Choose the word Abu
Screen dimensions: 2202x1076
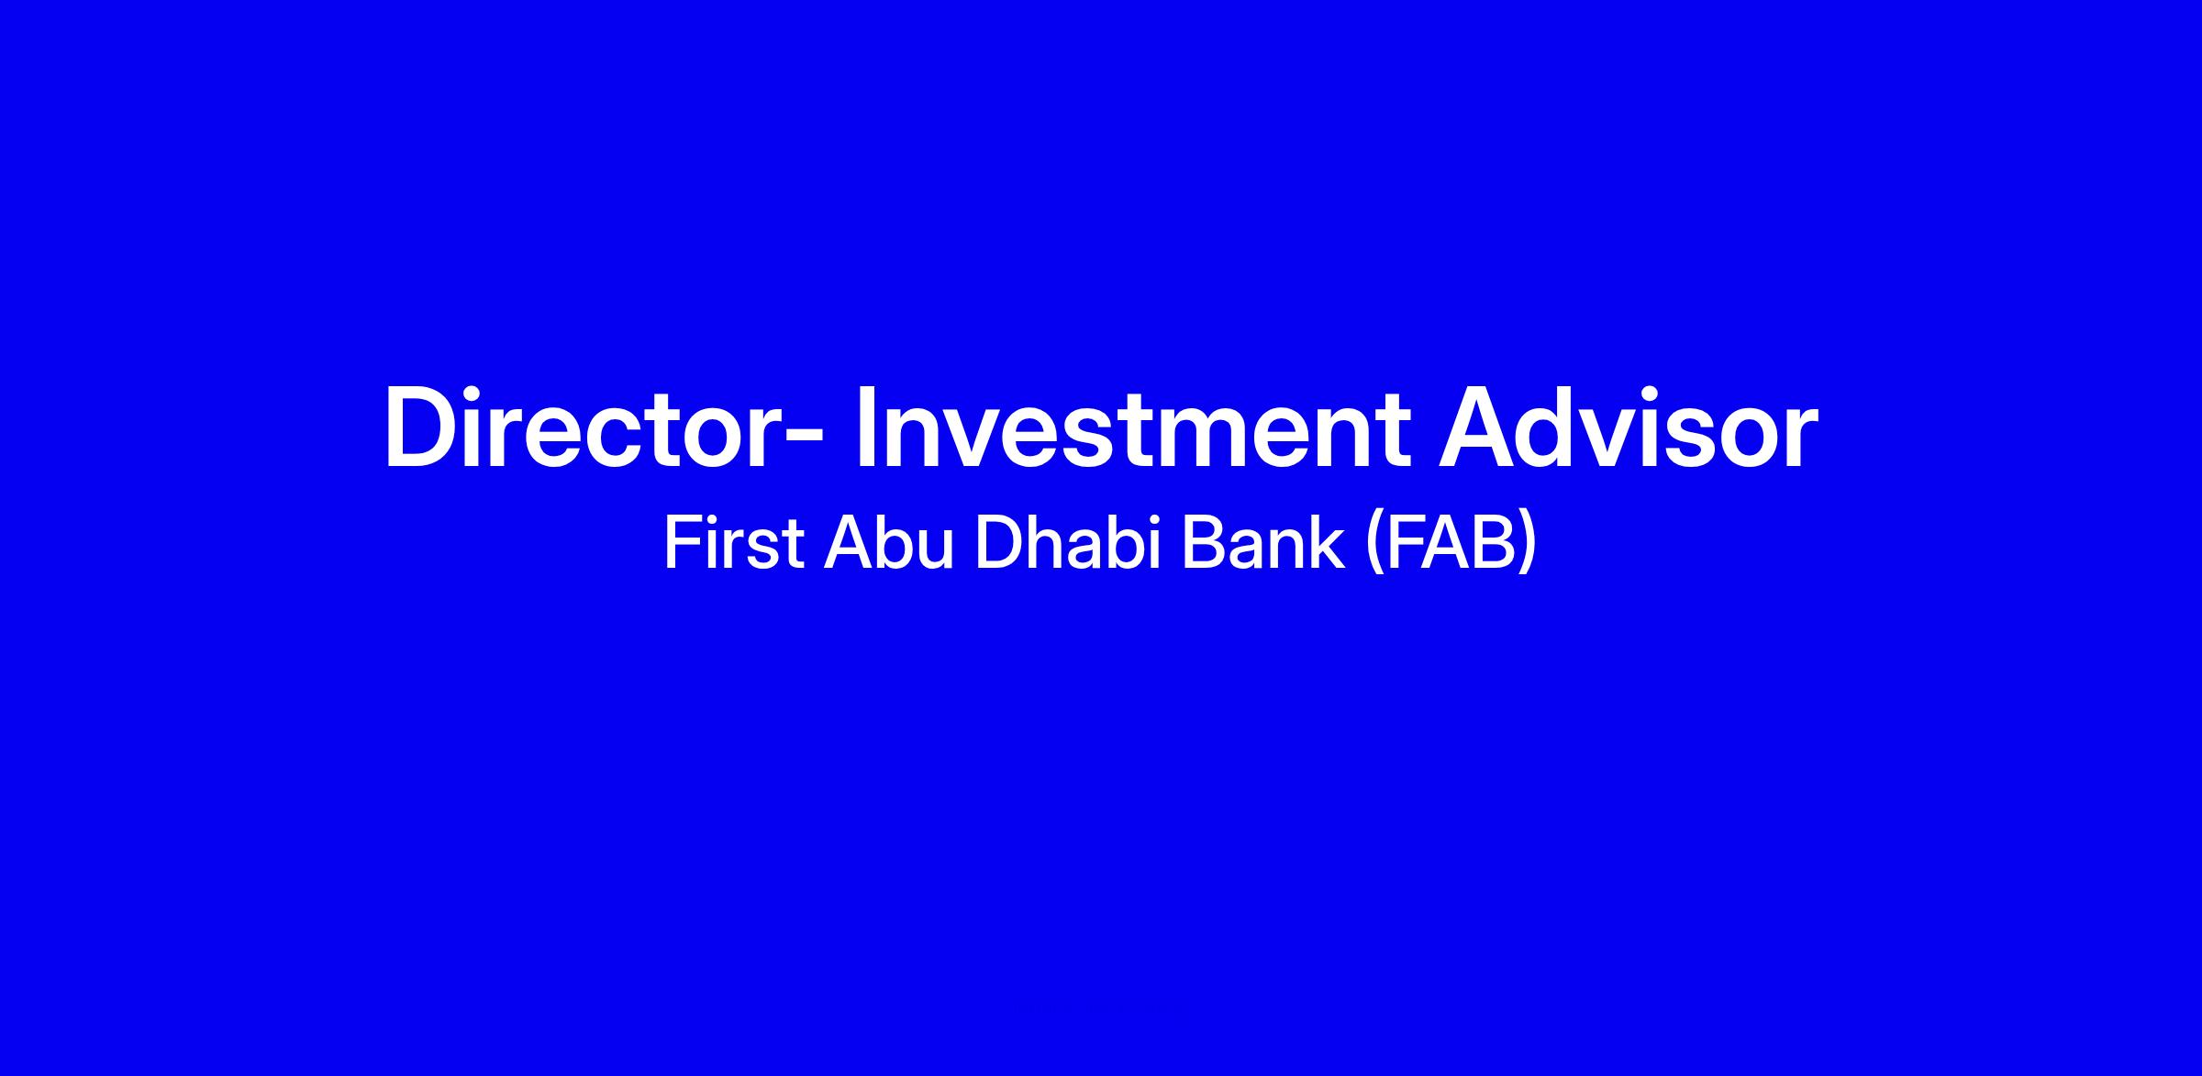(x=889, y=544)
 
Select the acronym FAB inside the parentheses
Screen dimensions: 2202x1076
(x=1451, y=544)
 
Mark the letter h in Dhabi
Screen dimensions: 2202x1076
(x=1042, y=544)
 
